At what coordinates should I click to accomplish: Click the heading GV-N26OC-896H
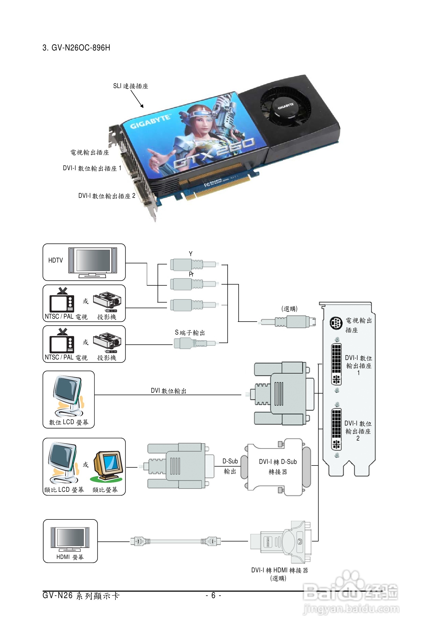coord(76,48)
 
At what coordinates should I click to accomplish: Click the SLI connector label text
coord(131,86)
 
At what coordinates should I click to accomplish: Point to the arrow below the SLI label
coord(137,99)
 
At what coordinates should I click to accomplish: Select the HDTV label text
coord(55,260)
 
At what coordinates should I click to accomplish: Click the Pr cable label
coord(191,274)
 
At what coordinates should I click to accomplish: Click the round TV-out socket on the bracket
coord(336,323)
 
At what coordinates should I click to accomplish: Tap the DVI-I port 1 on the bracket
coord(336,364)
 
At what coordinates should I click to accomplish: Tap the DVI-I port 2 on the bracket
coord(336,430)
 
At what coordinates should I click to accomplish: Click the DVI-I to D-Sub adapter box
coord(278,467)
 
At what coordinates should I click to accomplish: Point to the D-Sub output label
coord(230,466)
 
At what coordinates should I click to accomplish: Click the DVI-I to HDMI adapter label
coord(279,570)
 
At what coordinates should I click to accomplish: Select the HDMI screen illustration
coord(70,538)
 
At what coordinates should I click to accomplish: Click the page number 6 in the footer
coord(213,595)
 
